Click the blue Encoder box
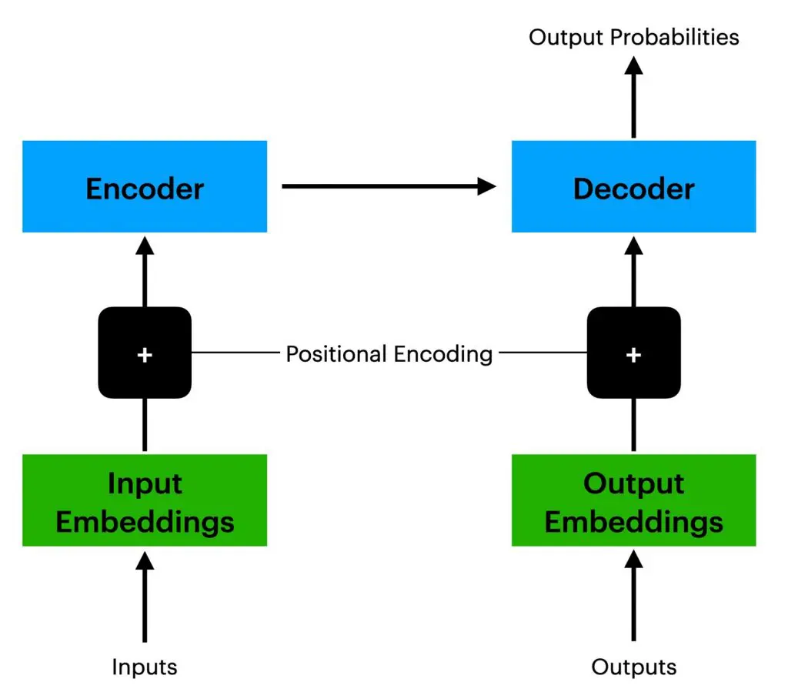[x=145, y=186]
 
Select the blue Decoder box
[x=633, y=186]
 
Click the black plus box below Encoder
[x=145, y=353]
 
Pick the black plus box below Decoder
[x=633, y=353]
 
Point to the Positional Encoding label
[x=389, y=354]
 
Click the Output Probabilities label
[x=633, y=36]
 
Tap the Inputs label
[x=145, y=666]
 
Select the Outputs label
[x=633, y=666]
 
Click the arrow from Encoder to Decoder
[x=389, y=186]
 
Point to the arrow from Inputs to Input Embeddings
[x=145, y=597]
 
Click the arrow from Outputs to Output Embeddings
[x=633, y=597]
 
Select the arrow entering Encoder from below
[x=145, y=269]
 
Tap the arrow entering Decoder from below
[x=633, y=269]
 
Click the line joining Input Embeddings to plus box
[x=145, y=426]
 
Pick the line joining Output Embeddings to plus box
[x=633, y=426]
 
